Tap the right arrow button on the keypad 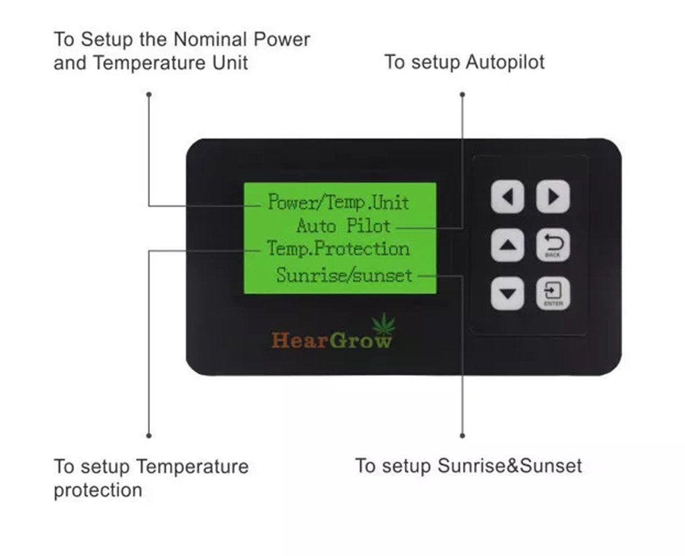(x=553, y=197)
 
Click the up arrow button (x=508, y=246)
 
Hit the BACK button (x=553, y=246)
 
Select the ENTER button (x=553, y=294)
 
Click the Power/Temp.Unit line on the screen (x=338, y=201)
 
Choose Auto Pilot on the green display (x=343, y=225)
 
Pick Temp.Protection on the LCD (x=338, y=249)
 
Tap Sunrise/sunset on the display (x=345, y=274)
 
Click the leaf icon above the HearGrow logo (x=383, y=325)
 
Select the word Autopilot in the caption (x=505, y=62)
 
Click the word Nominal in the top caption (x=210, y=39)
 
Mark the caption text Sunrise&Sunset (x=510, y=466)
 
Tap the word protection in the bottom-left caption (x=98, y=490)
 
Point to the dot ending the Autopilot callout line (x=462, y=94)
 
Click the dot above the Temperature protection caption (x=149, y=436)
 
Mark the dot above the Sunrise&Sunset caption (x=462, y=436)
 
